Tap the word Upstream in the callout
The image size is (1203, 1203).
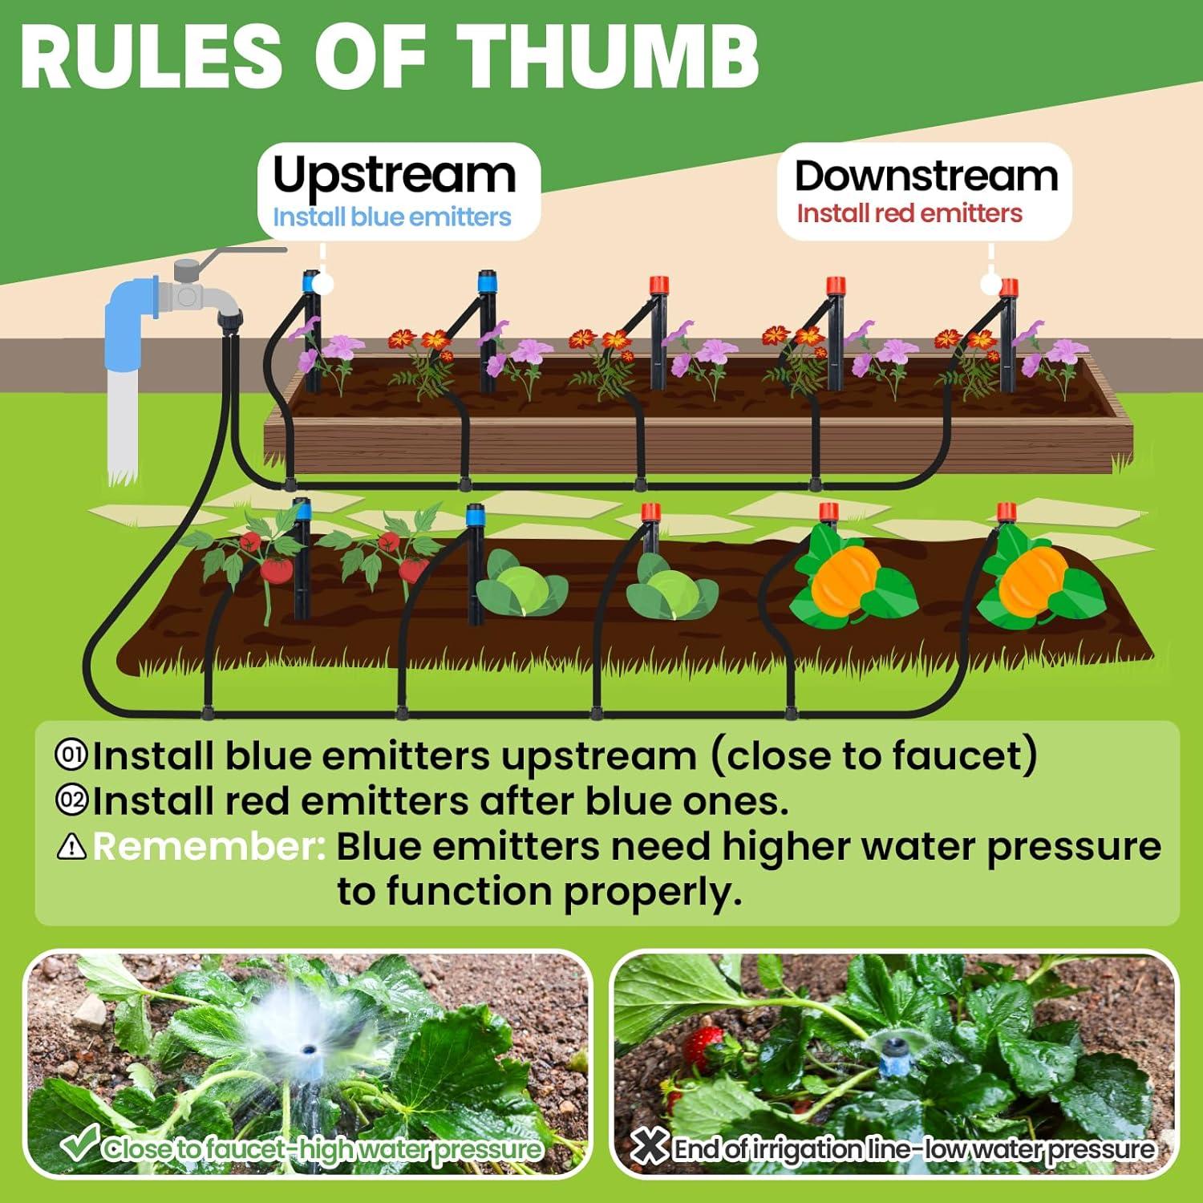click(x=394, y=176)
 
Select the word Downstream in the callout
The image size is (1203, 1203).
click(x=926, y=176)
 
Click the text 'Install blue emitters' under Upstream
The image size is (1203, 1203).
click(x=391, y=217)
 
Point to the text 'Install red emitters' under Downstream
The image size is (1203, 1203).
click(x=909, y=213)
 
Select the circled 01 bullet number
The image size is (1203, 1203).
click(x=71, y=755)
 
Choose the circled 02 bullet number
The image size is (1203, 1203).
click(x=71, y=800)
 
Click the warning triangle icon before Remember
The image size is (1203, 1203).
click(x=71, y=846)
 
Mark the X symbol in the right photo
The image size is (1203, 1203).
click(x=649, y=1147)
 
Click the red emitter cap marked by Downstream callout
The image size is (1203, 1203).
click(x=1009, y=286)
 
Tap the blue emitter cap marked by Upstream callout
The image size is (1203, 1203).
click(x=308, y=281)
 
